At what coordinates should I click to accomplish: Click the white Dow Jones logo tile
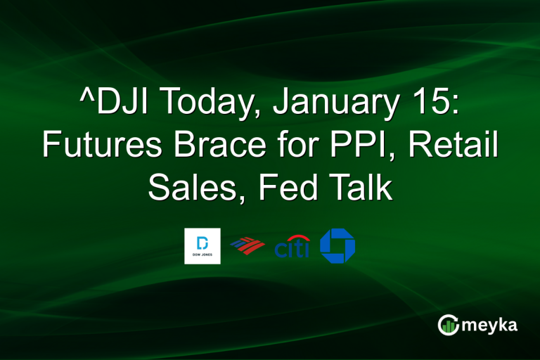[x=202, y=246]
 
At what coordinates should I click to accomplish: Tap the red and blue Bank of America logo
[x=247, y=246]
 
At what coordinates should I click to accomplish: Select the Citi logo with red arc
[x=292, y=247]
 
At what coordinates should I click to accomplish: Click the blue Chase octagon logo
[x=337, y=246]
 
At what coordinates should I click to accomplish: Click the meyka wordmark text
[x=491, y=326]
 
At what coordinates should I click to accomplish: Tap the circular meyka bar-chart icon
[x=448, y=325]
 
